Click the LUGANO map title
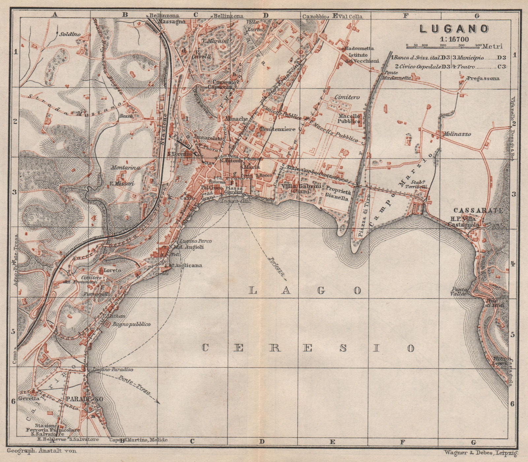click(454, 29)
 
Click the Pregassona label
click(482, 79)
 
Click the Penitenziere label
click(277, 129)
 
